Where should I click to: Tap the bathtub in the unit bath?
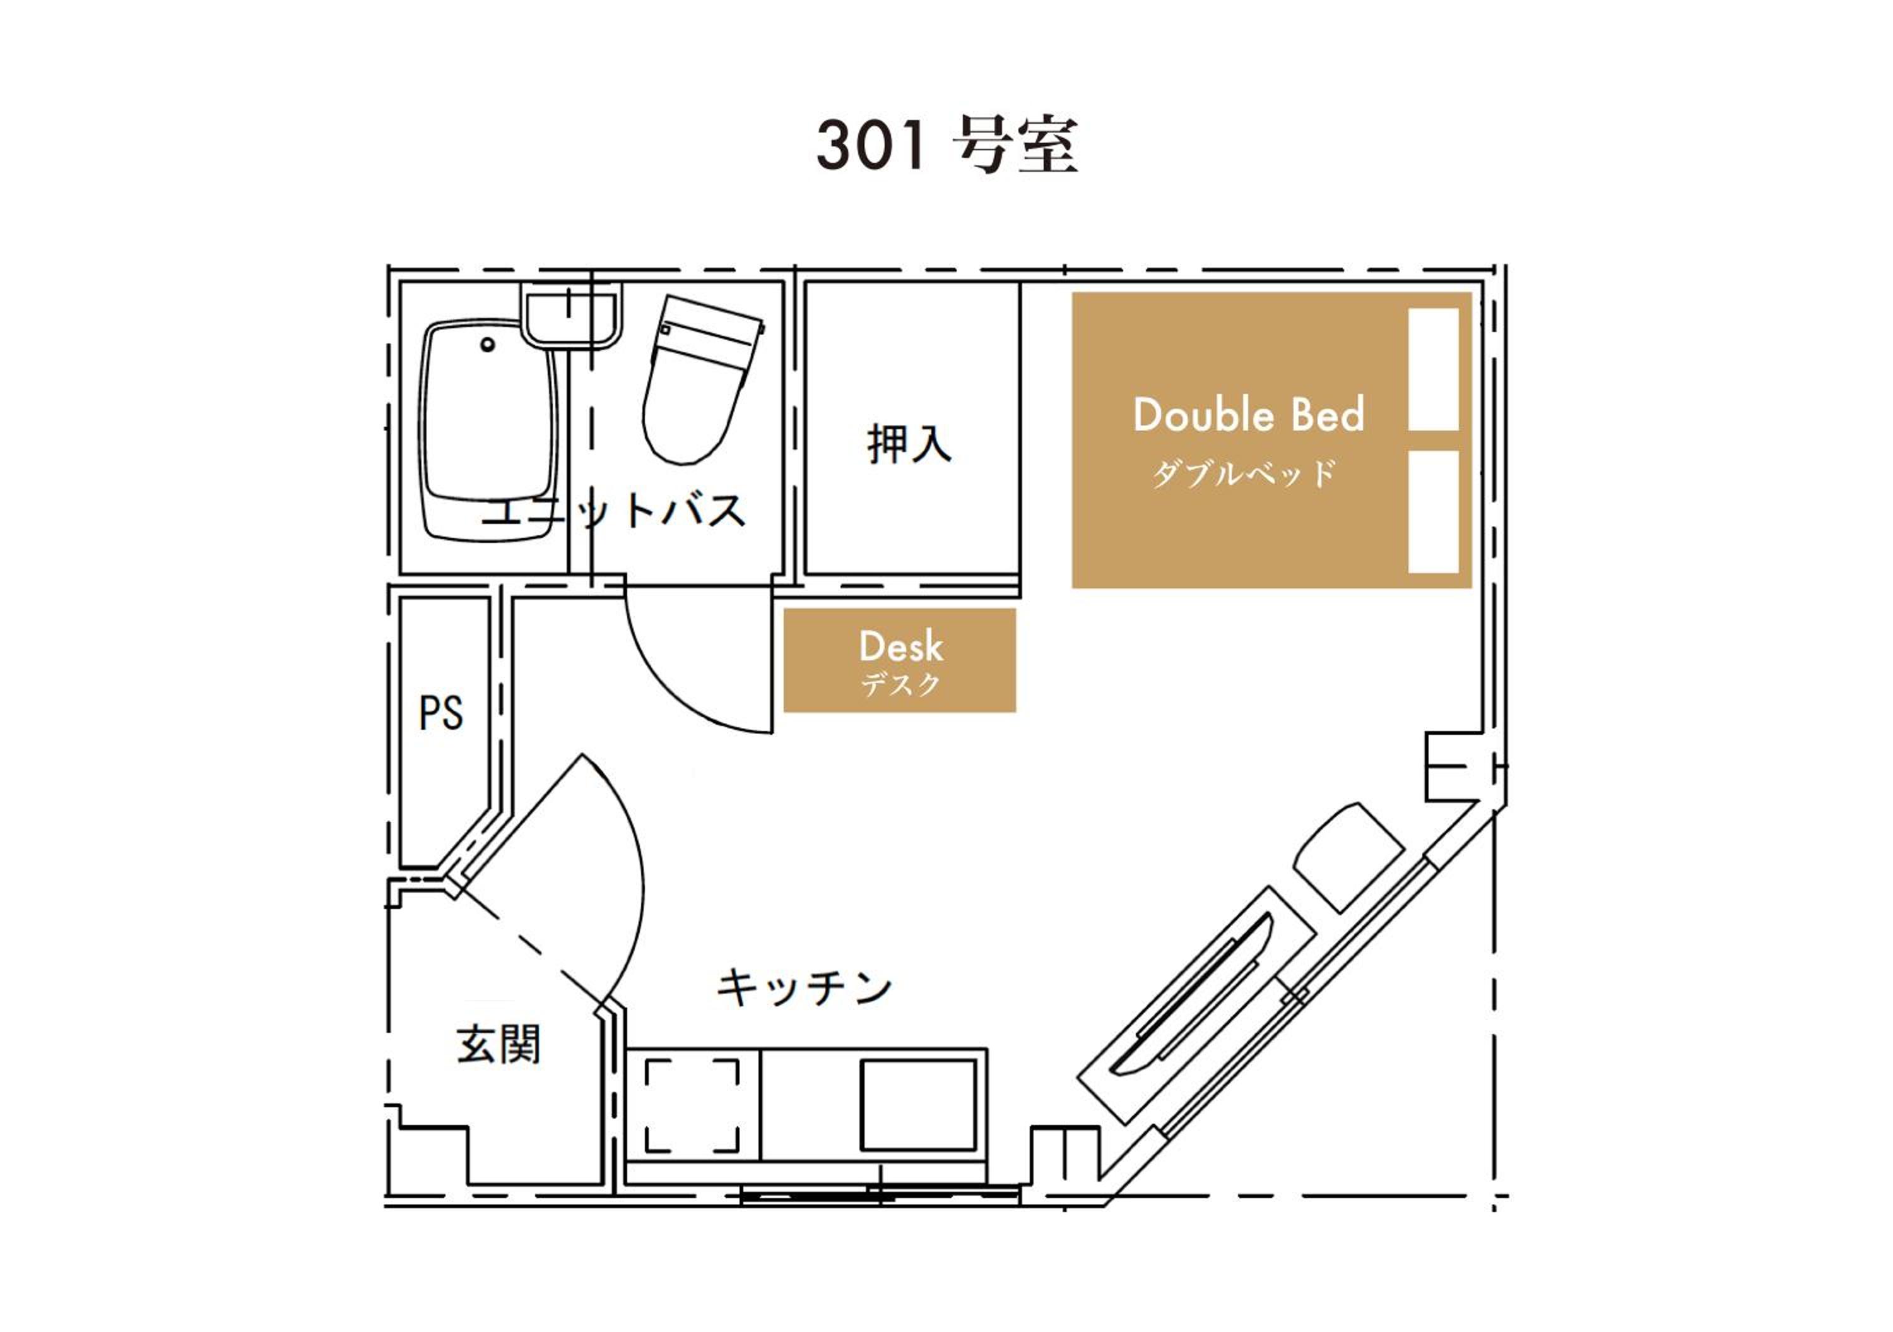[x=488, y=431]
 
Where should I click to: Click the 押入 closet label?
[x=909, y=444]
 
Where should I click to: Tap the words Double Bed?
[x=1248, y=414]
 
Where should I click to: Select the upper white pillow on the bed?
[x=1434, y=369]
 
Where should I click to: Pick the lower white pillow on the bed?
[x=1434, y=511]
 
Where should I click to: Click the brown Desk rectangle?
[x=900, y=660]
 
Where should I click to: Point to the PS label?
[x=441, y=713]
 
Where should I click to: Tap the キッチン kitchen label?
[x=804, y=987]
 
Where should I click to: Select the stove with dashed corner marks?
[x=693, y=1106]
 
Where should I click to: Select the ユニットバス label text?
[x=613, y=511]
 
